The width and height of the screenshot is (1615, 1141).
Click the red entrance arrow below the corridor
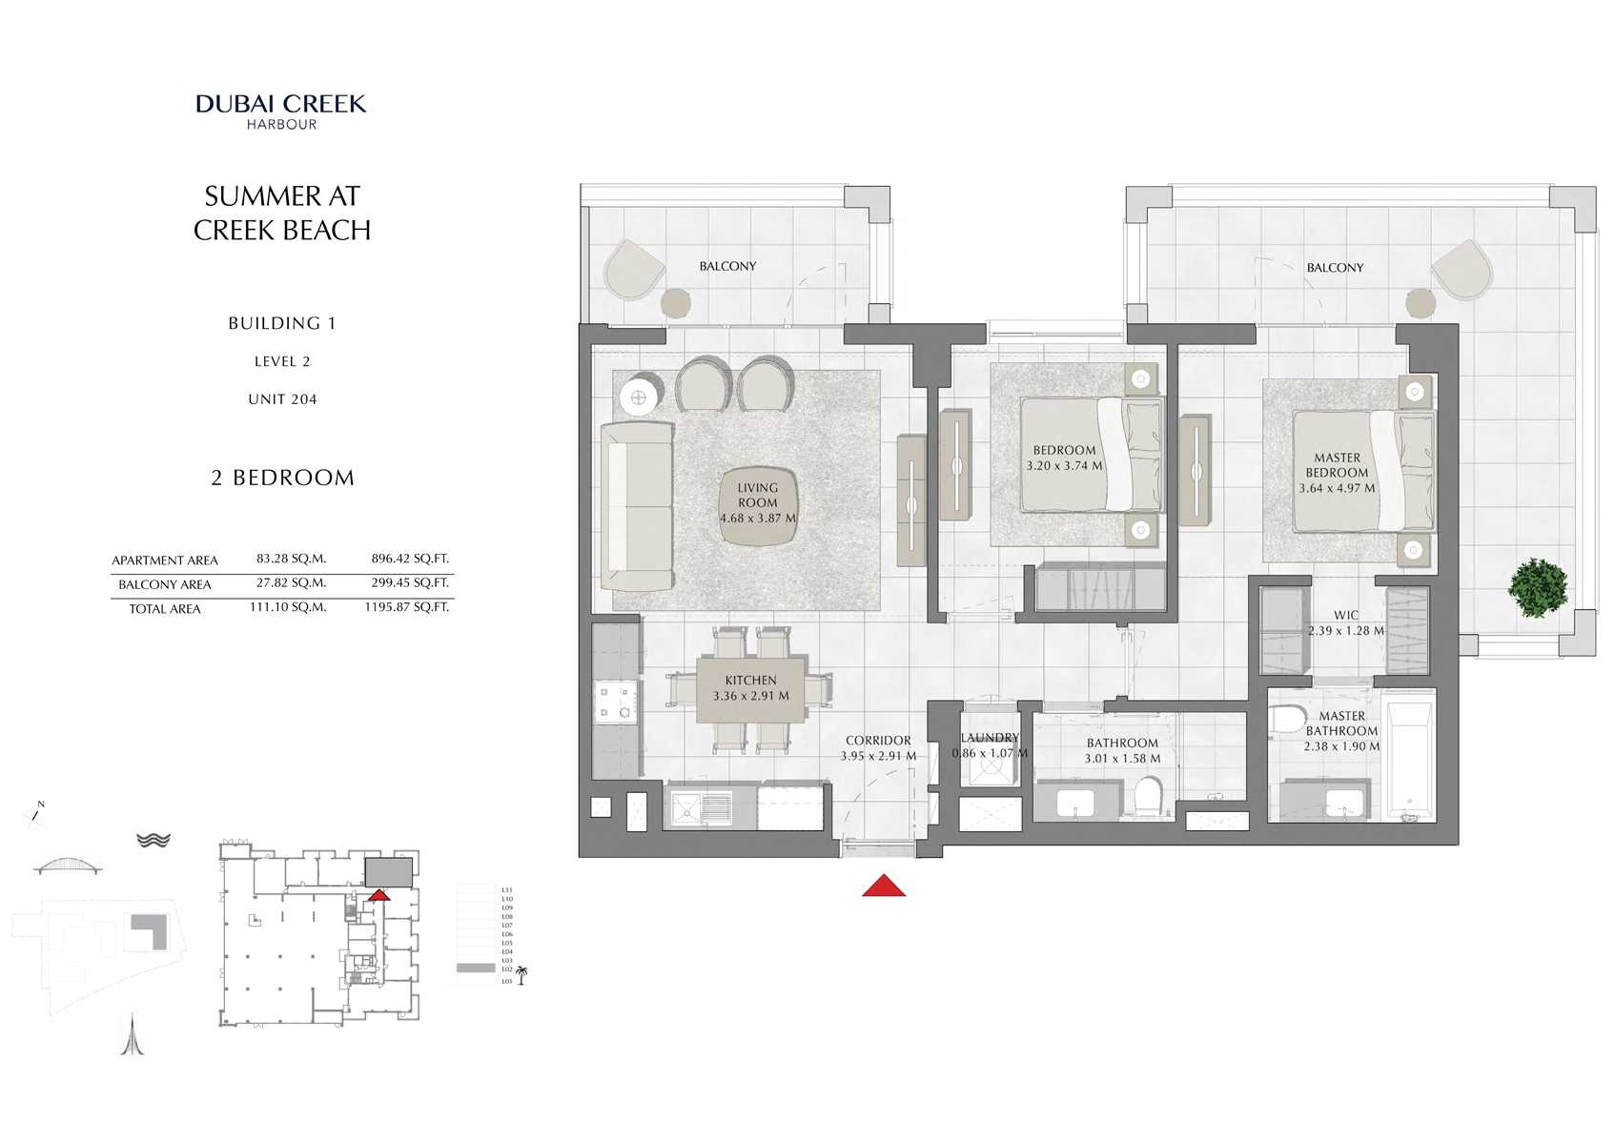click(x=884, y=886)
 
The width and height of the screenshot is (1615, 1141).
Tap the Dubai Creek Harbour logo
click(x=281, y=111)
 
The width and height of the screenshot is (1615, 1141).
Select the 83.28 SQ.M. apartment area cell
click(x=291, y=559)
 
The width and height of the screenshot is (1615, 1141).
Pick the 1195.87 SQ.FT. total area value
click(x=406, y=606)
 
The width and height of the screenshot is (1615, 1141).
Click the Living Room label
click(x=757, y=495)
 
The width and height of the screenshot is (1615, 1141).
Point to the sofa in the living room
click(x=636, y=505)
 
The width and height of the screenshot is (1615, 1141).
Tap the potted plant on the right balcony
click(x=1537, y=588)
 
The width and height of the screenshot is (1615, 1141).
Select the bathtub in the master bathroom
click(x=1409, y=762)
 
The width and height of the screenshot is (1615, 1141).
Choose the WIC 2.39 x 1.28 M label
click(x=1345, y=622)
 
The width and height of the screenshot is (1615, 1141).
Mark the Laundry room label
click(x=990, y=738)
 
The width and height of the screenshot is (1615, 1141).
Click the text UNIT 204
click(x=282, y=399)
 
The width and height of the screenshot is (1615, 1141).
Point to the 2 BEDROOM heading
click(x=282, y=478)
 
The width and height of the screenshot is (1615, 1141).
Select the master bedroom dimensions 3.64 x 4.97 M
click(x=1337, y=488)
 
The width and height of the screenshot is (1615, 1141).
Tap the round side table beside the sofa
click(x=638, y=397)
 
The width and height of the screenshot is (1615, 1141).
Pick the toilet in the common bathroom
click(x=1148, y=796)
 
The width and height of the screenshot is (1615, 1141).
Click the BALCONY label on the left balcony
click(x=727, y=266)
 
